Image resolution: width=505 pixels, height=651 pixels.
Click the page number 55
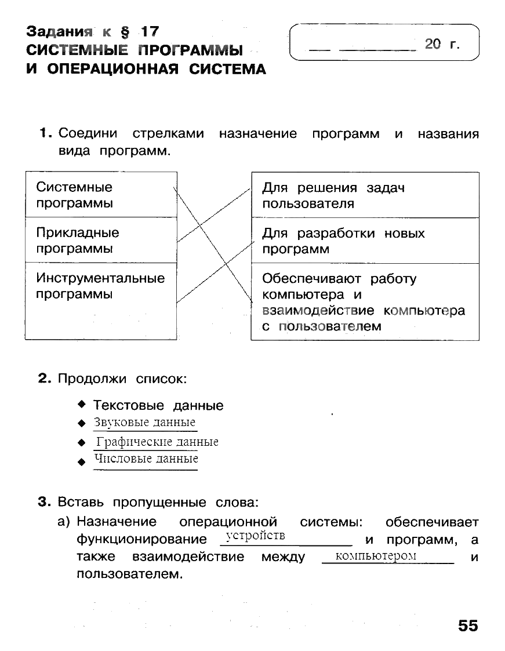468,625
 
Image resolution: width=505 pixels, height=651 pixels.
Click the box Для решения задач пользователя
365,195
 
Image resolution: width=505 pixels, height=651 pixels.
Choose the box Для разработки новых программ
365,241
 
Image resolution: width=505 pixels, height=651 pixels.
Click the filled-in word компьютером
376,556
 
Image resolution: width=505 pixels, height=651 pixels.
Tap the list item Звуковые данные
145,423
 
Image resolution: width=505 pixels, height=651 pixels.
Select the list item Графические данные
157,442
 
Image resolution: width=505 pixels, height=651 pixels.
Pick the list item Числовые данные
146,459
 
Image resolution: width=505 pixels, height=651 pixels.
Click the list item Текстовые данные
158,405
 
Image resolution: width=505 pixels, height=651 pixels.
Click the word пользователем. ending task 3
130,575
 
